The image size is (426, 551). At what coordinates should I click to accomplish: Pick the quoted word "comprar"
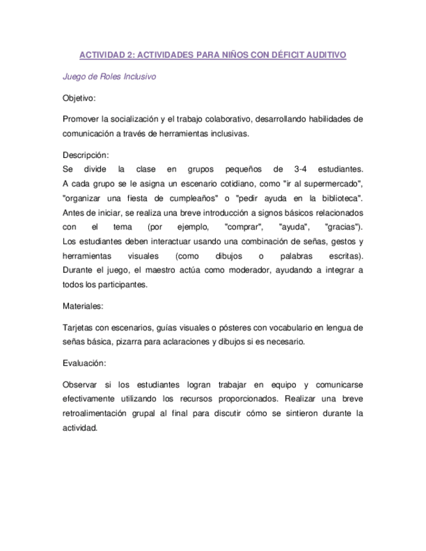(243, 227)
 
